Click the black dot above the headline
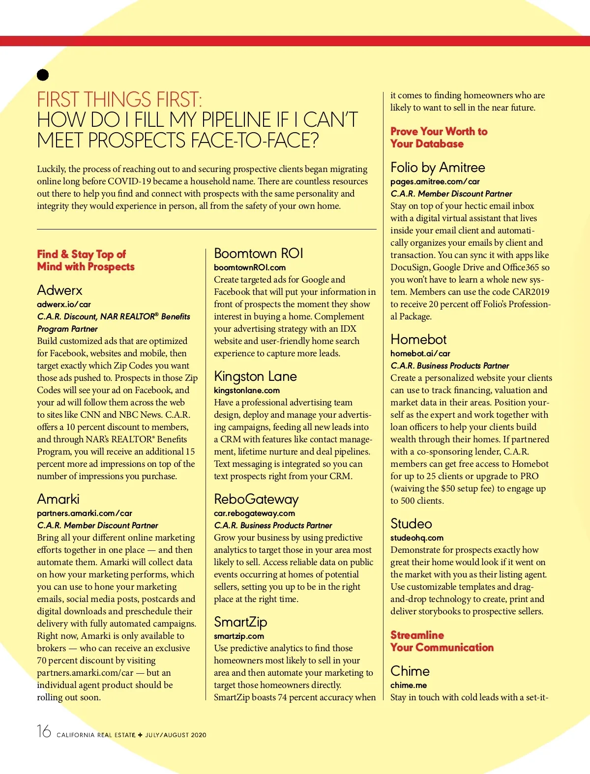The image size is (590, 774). click(43, 75)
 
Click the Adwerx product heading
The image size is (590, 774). click(59, 290)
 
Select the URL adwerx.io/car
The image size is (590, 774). click(64, 304)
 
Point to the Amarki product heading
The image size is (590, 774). click(58, 499)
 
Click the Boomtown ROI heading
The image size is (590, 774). click(259, 253)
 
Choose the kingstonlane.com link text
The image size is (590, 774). click(247, 390)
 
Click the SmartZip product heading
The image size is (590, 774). click(240, 622)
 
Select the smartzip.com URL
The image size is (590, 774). click(239, 636)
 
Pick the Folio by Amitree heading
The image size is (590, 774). click(438, 167)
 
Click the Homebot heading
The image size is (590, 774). click(418, 339)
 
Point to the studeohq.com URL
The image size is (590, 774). click(417, 538)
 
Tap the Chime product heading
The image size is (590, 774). click(410, 671)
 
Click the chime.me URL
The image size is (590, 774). click(409, 685)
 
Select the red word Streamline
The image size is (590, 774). click(417, 635)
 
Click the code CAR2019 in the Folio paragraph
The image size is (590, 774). click(531, 292)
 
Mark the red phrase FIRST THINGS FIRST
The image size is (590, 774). click(119, 100)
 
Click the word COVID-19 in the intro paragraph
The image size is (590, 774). click(129, 181)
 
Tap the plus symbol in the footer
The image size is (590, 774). click(140, 735)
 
